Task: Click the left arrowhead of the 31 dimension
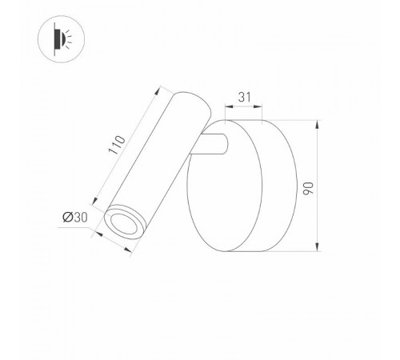click(227, 110)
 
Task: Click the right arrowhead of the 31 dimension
click(262, 110)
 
